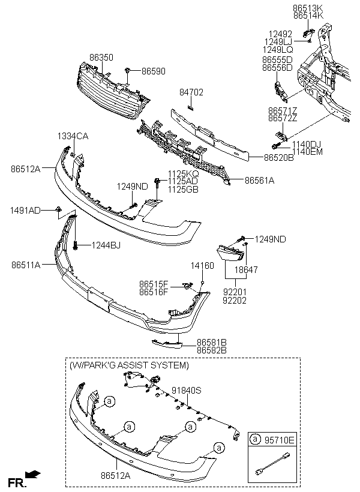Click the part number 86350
coord(101,57)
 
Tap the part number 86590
coord(153,71)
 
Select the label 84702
coord(191,93)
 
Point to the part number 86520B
coord(278,158)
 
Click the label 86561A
coord(259,179)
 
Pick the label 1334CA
coord(73,136)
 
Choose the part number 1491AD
coord(25,210)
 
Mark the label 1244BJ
coord(106,245)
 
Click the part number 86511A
coord(25,264)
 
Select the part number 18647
coord(245,270)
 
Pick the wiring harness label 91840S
coord(186,390)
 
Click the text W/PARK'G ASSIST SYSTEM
coord(129,365)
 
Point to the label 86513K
coord(308,8)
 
